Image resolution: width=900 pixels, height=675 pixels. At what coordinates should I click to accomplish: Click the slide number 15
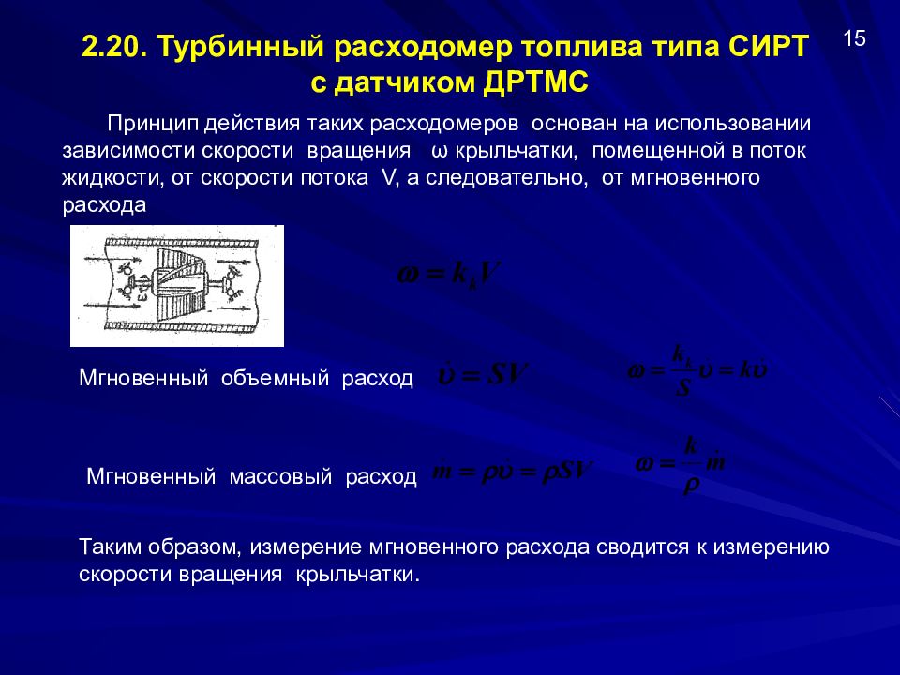(855, 39)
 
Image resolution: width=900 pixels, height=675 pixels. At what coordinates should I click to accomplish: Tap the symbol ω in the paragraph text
(439, 151)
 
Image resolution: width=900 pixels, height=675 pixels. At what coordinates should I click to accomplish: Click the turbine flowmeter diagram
(176, 286)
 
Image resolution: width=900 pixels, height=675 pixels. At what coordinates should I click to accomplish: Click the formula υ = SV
(484, 377)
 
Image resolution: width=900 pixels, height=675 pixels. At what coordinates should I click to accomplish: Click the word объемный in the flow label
(275, 379)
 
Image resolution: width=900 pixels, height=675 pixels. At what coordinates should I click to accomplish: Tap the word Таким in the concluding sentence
(112, 547)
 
